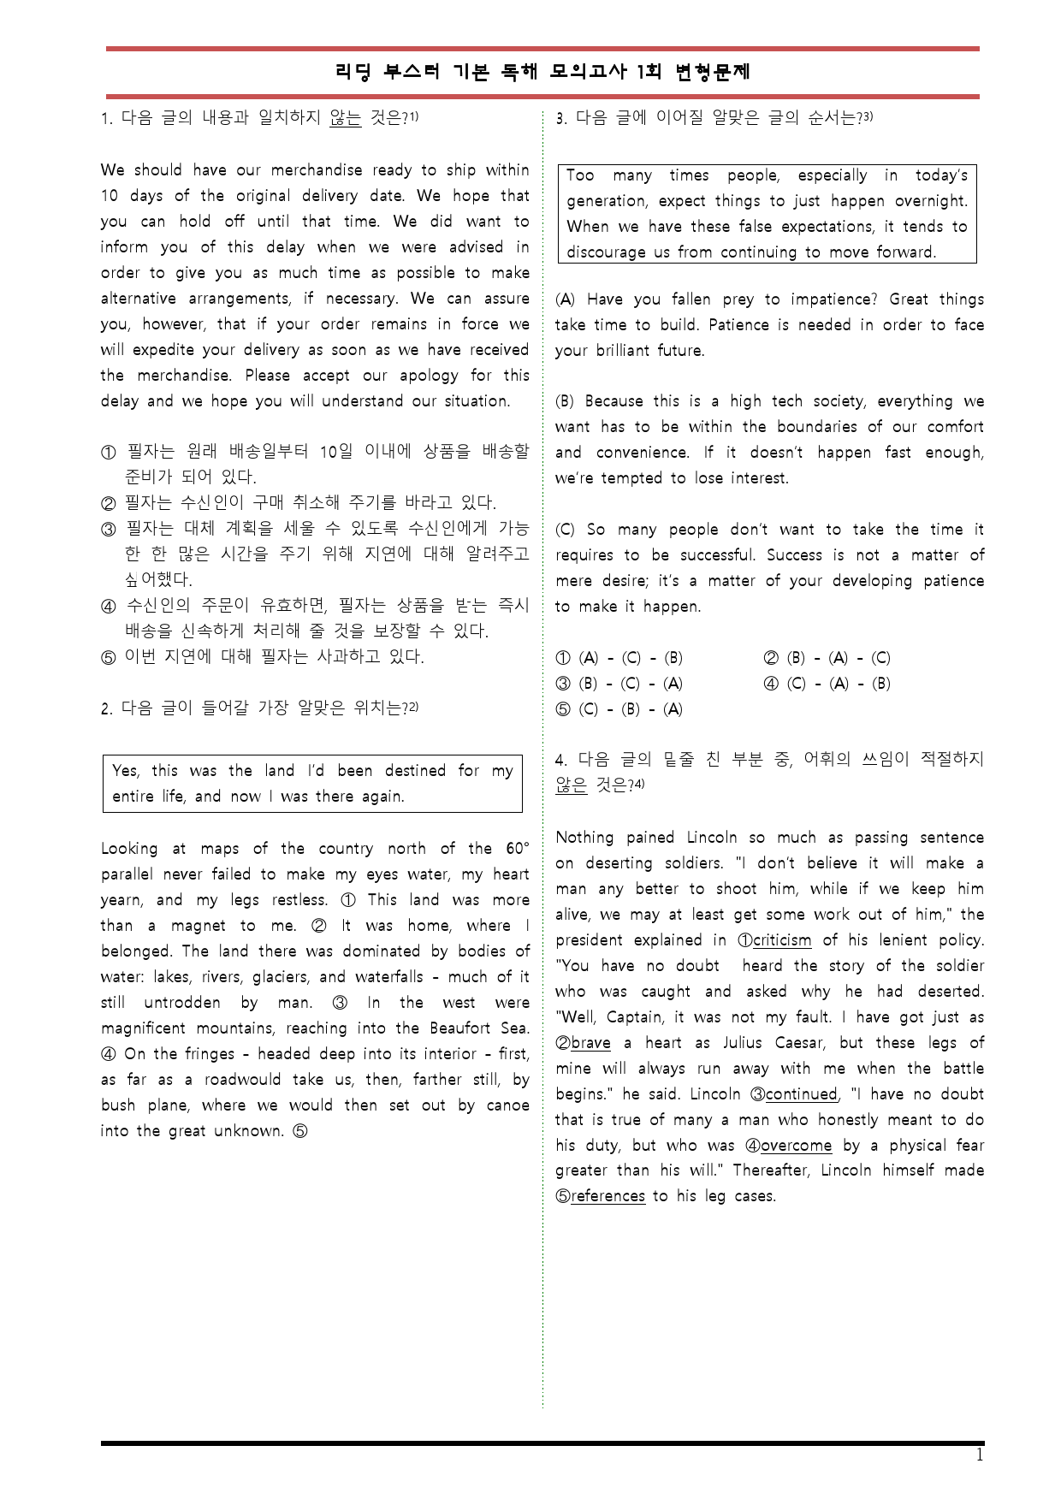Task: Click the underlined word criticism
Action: click(782, 940)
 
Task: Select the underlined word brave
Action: click(590, 1043)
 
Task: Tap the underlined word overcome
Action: click(796, 1146)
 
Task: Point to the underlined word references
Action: click(608, 1196)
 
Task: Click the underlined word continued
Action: click(801, 1094)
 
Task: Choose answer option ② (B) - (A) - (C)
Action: click(827, 658)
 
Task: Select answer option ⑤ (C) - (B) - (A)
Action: click(619, 709)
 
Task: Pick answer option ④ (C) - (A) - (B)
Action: click(827, 684)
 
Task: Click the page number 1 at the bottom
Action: click(980, 1455)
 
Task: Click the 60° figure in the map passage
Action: click(517, 849)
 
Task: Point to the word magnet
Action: click(198, 926)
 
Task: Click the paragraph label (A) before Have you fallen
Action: click(566, 299)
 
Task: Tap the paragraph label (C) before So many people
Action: click(566, 530)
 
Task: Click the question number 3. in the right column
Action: click(561, 119)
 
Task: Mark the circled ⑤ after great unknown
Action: click(300, 1131)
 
